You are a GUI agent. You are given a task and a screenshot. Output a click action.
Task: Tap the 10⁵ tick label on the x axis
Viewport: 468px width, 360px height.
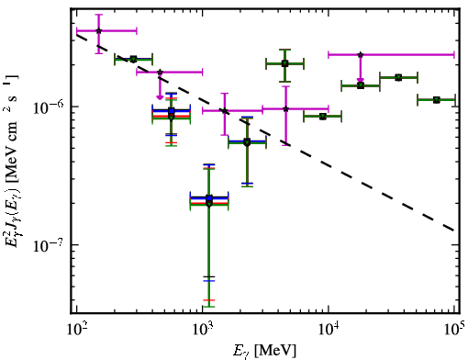454,329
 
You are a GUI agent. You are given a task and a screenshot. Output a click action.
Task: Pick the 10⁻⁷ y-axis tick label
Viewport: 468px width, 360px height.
48,244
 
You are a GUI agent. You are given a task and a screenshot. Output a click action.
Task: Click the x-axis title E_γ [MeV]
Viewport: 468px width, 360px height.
264,350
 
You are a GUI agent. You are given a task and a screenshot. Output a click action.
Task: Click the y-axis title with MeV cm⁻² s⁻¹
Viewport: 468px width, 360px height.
12,162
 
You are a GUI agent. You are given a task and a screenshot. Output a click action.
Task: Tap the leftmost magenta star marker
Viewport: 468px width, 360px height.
98,30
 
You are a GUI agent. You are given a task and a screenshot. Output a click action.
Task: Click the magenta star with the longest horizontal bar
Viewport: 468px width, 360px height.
361,55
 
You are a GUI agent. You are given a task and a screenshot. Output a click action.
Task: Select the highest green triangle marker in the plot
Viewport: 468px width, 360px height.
284,63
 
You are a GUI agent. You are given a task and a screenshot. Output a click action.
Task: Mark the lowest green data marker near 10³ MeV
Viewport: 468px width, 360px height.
209,204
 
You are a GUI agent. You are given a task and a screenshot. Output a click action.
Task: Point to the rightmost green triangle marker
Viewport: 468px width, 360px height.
436,100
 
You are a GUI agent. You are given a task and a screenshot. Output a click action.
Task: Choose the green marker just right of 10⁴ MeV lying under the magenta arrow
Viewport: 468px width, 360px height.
361,85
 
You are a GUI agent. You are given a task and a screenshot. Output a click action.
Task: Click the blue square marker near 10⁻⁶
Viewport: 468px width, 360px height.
172,110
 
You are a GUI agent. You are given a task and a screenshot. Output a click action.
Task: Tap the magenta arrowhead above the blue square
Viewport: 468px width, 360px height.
160,97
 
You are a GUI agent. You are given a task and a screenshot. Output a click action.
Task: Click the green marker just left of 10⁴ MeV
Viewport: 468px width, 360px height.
322,117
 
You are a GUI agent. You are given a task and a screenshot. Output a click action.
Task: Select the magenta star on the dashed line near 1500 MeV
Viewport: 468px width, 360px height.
225,110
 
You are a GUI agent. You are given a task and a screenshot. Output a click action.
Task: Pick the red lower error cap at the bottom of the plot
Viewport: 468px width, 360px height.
209,300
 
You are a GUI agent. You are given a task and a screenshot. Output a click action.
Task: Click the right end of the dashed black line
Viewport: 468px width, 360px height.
454,231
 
